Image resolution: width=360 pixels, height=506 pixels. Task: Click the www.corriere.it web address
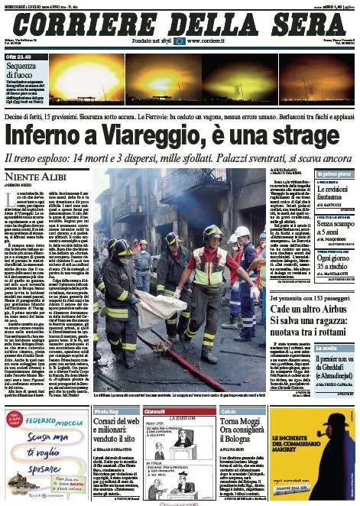point(209,40)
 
